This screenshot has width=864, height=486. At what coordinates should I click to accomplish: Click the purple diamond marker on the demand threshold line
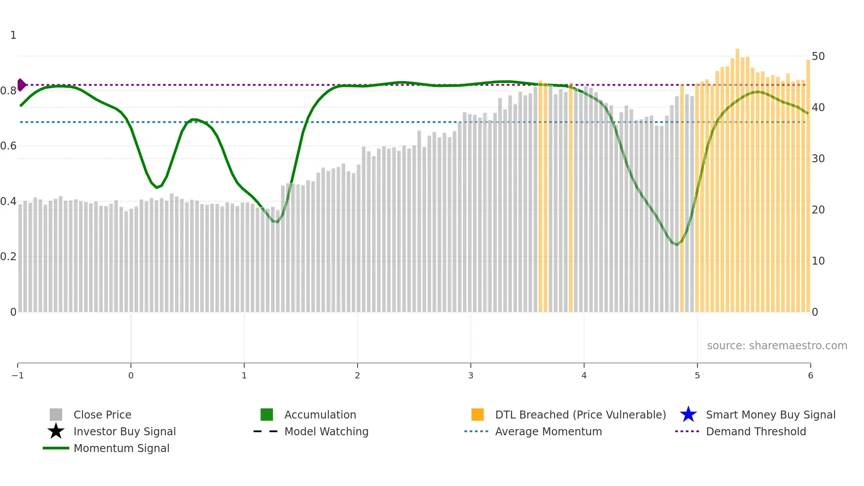click(x=21, y=85)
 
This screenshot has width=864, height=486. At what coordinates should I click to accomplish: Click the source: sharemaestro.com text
click(x=777, y=346)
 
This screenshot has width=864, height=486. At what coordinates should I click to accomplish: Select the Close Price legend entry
click(x=102, y=415)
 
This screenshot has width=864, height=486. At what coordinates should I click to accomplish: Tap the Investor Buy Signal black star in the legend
click(x=56, y=431)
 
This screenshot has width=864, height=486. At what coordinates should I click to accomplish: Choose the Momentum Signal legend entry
click(x=121, y=449)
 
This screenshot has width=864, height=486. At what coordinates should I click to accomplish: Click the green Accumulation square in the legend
click(x=267, y=415)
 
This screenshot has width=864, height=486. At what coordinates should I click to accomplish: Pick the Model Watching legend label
click(x=326, y=432)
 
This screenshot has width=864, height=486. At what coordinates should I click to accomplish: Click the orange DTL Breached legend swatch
click(x=477, y=415)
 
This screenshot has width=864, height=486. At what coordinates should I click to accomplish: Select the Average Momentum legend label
click(x=548, y=432)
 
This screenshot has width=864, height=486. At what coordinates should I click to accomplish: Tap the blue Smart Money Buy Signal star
click(x=688, y=415)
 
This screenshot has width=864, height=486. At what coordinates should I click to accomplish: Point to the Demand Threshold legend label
click(x=756, y=432)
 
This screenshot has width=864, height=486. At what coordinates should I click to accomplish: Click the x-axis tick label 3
click(x=471, y=376)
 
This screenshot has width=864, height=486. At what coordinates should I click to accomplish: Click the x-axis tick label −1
click(x=18, y=376)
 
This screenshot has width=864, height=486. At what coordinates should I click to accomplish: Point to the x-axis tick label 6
click(x=810, y=376)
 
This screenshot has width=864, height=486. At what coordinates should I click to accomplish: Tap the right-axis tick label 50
click(x=818, y=56)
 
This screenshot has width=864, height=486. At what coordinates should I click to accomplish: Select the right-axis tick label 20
click(x=818, y=210)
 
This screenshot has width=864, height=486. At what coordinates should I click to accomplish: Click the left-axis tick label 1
click(x=13, y=35)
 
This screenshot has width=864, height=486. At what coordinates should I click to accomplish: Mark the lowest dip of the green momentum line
click(x=677, y=244)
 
